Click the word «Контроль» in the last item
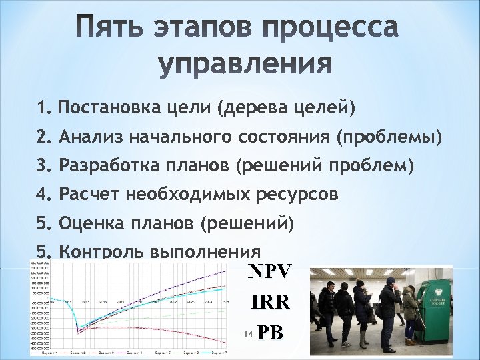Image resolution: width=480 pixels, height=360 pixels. coord(100,252)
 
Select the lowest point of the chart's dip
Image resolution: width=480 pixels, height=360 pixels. coord(79,330)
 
